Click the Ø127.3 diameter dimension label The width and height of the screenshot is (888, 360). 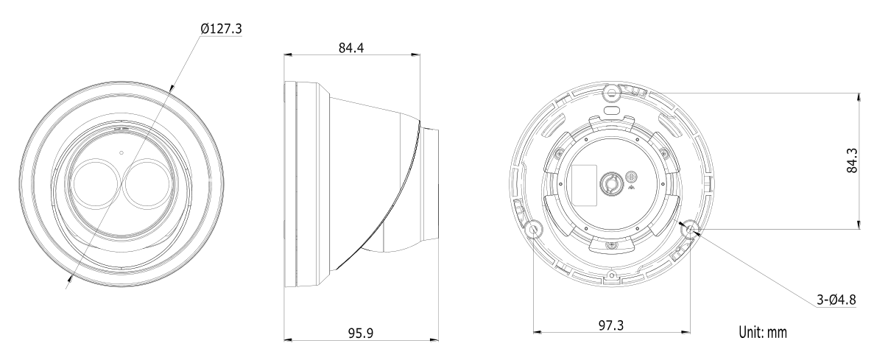pyautogui.click(x=221, y=29)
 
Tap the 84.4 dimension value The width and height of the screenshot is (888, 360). pyautogui.click(x=350, y=48)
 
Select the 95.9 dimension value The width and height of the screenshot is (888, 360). pyautogui.click(x=361, y=333)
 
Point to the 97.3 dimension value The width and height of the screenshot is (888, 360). pyautogui.click(x=611, y=325)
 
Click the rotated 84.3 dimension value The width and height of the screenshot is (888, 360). pyautogui.click(x=852, y=160)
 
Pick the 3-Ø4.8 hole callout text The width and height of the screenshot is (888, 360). pyautogui.click(x=836, y=300)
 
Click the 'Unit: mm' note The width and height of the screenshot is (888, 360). pyautogui.click(x=763, y=332)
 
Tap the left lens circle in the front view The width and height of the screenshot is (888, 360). pyautogui.click(x=96, y=183)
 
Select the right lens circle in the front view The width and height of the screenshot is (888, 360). pyautogui.click(x=147, y=183)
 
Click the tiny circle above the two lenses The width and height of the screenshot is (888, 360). pyautogui.click(x=121, y=152)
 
